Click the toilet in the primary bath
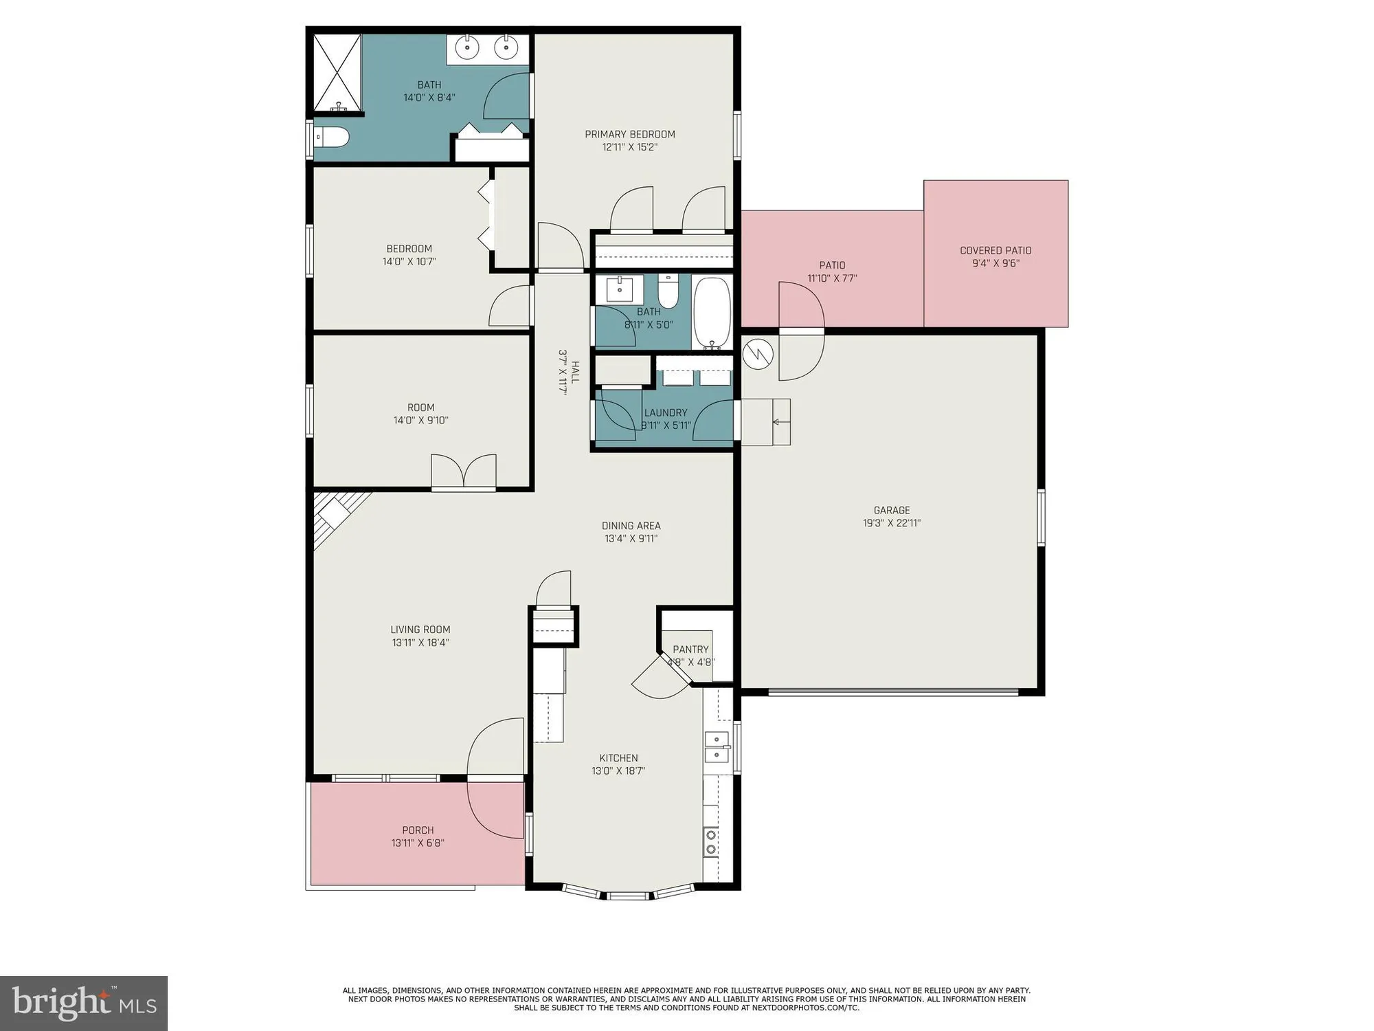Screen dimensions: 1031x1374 [332, 137]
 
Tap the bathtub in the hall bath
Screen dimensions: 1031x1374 [712, 313]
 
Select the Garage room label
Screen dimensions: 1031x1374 [892, 510]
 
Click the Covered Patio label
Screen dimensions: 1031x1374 [995, 250]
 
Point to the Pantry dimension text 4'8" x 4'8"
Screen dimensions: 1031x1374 [691, 663]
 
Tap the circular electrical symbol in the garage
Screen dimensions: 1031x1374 [758, 355]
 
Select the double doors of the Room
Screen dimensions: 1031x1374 [464, 472]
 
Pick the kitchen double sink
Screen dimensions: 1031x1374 [717, 747]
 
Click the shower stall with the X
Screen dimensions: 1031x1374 [337, 72]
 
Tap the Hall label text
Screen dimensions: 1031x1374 [575, 372]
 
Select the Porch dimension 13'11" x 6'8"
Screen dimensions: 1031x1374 [418, 843]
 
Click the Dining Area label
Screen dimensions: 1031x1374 [631, 526]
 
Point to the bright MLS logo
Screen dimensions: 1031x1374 [84, 1003]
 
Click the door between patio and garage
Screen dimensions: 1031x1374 [801, 331]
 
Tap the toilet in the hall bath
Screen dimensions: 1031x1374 [668, 292]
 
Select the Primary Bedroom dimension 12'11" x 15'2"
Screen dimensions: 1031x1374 [630, 147]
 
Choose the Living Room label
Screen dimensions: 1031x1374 [420, 630]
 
